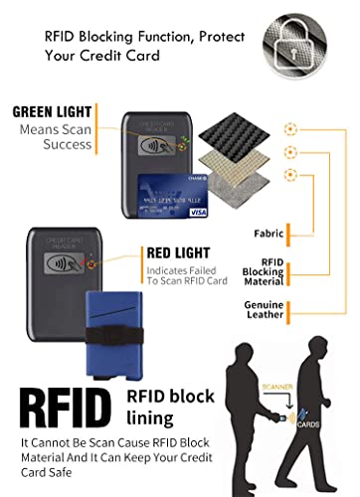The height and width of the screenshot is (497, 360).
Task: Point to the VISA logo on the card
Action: [197, 212]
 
